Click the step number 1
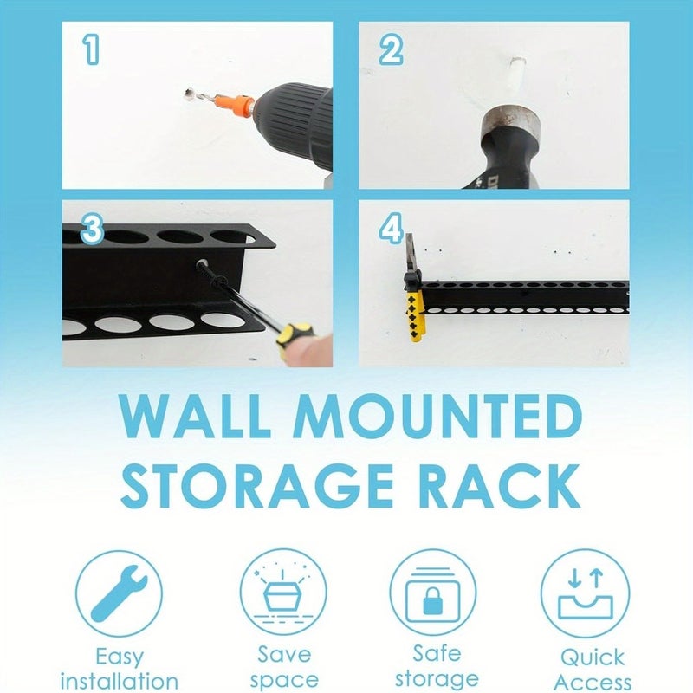click(91, 50)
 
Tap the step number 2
click(390, 50)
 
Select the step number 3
click(93, 230)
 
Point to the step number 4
click(392, 230)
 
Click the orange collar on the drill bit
click(235, 106)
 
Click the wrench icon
click(118, 593)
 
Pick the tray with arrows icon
click(585, 593)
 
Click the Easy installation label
click(119, 669)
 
